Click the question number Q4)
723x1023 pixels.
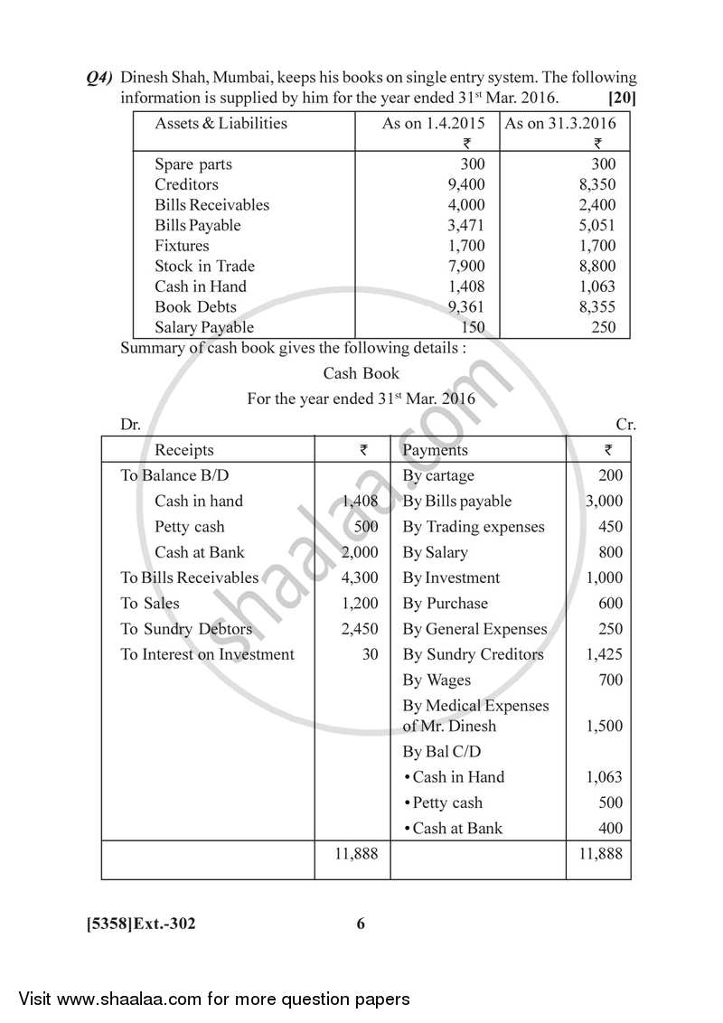tap(99, 79)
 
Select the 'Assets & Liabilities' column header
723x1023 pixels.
tap(221, 124)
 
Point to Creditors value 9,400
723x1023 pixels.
tap(466, 184)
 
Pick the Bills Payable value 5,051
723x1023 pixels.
tap(597, 225)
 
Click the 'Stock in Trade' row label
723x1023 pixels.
tap(204, 266)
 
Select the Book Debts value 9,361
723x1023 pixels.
tap(466, 306)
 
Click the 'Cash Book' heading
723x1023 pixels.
tap(361, 372)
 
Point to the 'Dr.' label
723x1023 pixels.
tap(130, 424)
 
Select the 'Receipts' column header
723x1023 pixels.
tap(184, 450)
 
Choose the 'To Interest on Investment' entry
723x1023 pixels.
tap(207, 654)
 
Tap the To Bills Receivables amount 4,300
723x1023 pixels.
tap(360, 577)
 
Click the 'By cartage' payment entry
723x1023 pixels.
tap(438, 475)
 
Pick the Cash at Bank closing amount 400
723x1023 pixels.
tap(610, 828)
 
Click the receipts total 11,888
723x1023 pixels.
tap(356, 853)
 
